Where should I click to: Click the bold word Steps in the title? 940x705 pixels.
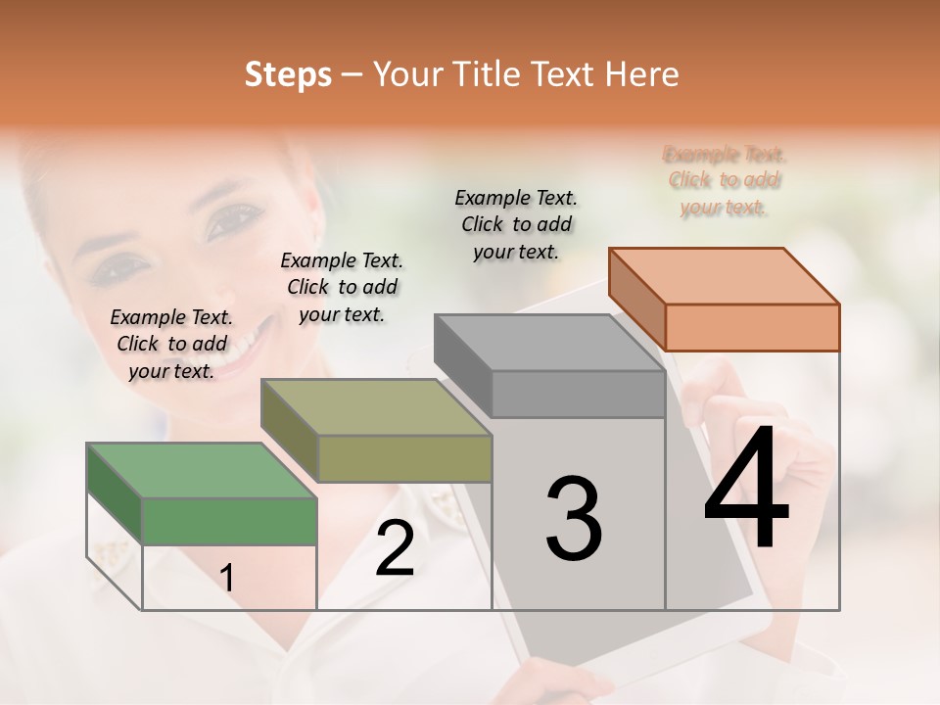click(288, 74)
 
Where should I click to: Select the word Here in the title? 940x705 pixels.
click(642, 74)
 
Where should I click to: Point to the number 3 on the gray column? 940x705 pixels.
click(574, 519)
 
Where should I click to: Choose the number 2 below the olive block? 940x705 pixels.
click(395, 548)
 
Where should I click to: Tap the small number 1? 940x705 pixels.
click(227, 579)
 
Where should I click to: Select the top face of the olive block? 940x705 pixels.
click(376, 406)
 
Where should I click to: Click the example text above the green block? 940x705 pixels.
click(171, 344)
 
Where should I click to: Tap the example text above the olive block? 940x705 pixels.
click(342, 287)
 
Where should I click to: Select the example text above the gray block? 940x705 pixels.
click(516, 224)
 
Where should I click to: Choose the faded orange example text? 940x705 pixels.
click(725, 180)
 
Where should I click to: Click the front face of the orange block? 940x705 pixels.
click(752, 327)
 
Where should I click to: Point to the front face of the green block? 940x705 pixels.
click(229, 521)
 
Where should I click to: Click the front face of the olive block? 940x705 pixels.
click(404, 458)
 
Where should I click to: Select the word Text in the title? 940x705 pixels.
click(569, 74)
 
